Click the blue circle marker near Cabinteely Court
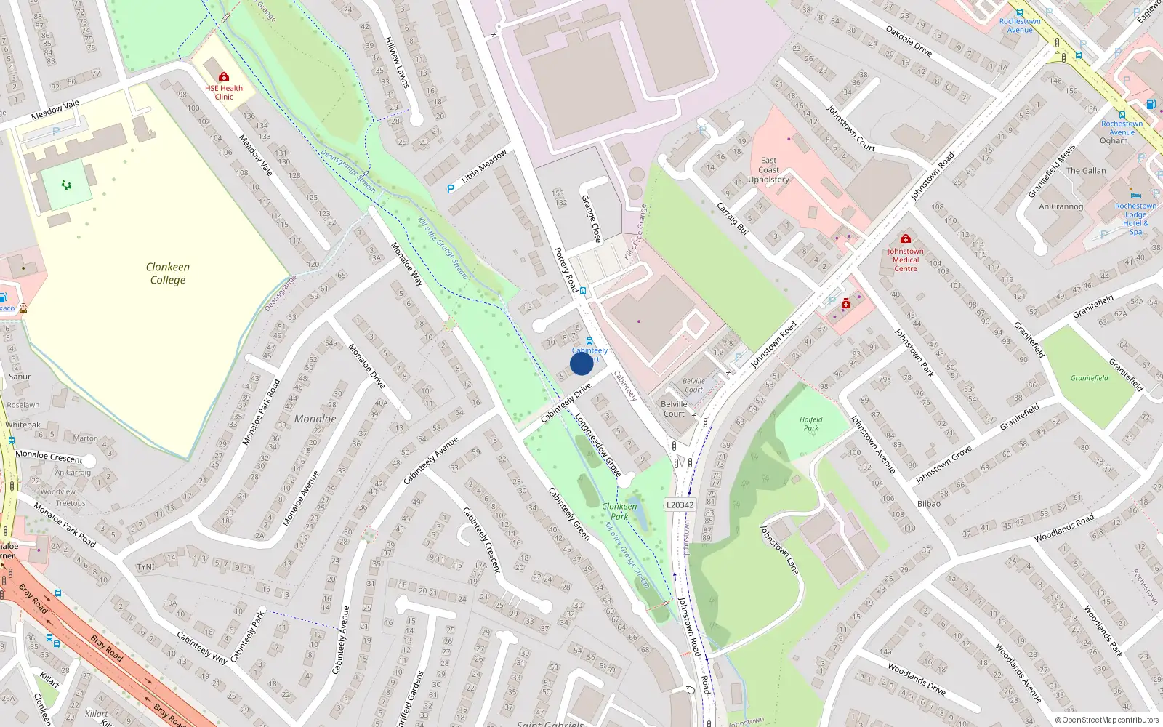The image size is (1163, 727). click(581, 363)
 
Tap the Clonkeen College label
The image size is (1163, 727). click(168, 273)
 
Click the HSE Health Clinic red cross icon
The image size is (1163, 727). click(224, 77)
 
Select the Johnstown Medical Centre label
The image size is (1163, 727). click(905, 260)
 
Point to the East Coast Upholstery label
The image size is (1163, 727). click(768, 170)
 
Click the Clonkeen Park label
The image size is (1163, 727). click(619, 511)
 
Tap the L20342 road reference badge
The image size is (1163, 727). click(680, 505)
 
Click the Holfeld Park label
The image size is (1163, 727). click(810, 423)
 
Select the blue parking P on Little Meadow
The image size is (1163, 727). click(451, 189)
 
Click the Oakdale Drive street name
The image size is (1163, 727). click(909, 41)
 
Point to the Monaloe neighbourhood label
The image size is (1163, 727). click(315, 419)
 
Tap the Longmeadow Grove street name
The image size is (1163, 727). click(597, 445)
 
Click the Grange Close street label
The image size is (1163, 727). click(591, 219)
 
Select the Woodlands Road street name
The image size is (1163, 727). click(1064, 529)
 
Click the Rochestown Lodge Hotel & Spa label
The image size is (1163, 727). click(1135, 218)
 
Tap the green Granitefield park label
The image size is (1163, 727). click(1089, 378)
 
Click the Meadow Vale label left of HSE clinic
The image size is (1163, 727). click(55, 110)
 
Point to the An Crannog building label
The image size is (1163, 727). click(1061, 206)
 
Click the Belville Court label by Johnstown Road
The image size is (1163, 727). click(674, 409)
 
